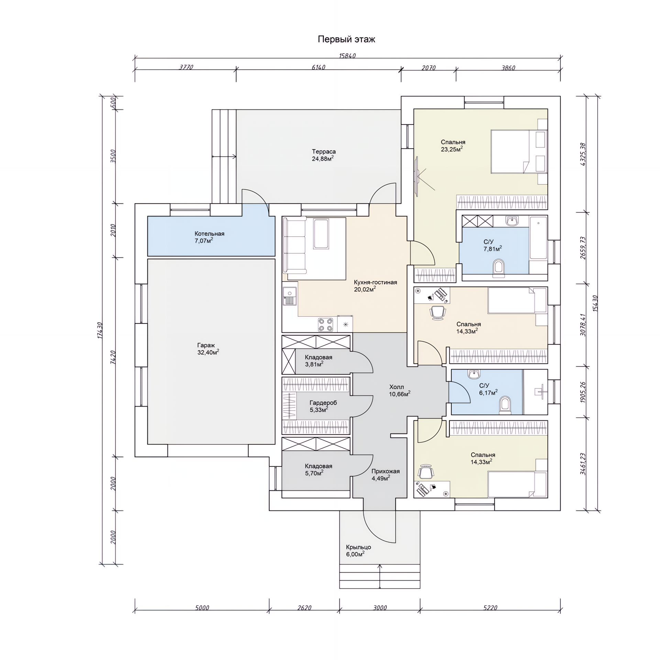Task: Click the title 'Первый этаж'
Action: (346, 40)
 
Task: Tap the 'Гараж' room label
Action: (206, 345)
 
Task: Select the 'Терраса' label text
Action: (324, 152)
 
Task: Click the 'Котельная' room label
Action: (209, 234)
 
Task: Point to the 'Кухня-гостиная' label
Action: (375, 282)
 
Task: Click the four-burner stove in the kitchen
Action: (326, 324)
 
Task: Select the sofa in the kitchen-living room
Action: (294, 245)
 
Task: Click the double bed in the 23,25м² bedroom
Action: (519, 152)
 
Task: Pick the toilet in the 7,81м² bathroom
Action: (498, 267)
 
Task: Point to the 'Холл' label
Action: (397, 387)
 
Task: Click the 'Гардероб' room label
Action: (323, 403)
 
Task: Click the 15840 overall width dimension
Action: (347, 56)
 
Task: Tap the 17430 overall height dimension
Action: (100, 330)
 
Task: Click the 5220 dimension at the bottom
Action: (490, 608)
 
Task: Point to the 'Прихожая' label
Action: (385, 471)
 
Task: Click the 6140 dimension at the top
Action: (318, 67)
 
